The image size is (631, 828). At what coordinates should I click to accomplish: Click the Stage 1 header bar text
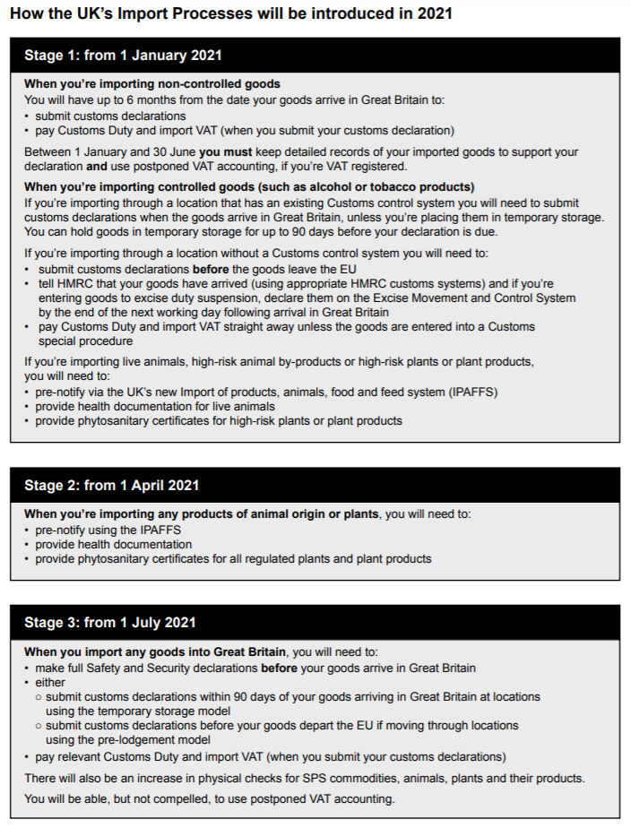123,55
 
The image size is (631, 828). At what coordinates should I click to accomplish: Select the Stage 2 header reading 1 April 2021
111,485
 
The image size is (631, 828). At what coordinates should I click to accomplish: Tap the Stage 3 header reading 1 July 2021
109,622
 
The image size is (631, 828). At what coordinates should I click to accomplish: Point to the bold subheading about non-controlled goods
152,84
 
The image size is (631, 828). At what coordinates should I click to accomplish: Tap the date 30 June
170,152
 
